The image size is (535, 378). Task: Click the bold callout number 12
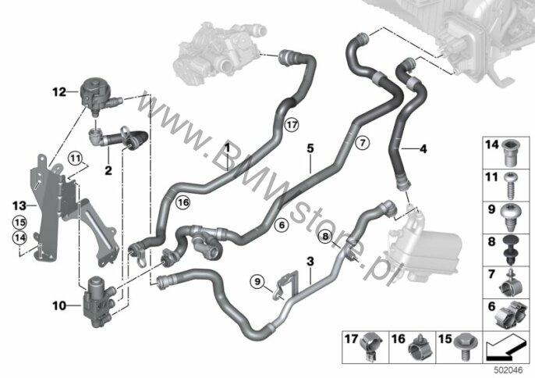[58, 91]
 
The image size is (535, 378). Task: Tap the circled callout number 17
[291, 124]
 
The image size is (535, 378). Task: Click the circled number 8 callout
[325, 235]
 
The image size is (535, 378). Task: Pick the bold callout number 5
[310, 147]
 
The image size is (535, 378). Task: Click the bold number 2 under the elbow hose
[108, 168]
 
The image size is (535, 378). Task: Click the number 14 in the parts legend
[492, 144]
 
